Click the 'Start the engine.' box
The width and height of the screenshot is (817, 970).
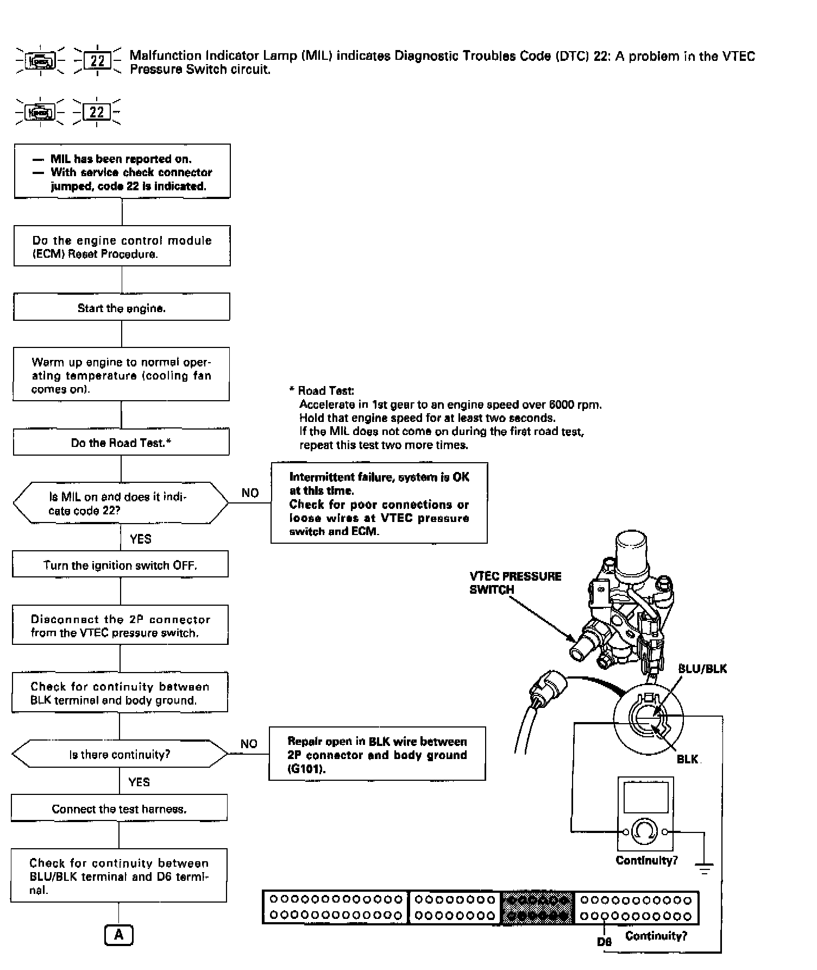[122, 308]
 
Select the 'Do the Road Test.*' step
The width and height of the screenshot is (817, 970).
[121, 443]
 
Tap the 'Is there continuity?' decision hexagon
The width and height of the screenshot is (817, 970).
[120, 755]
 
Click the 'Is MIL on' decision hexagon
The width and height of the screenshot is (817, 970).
[121, 503]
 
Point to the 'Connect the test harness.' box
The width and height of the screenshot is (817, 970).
[119, 809]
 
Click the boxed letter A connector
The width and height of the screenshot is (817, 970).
[118, 935]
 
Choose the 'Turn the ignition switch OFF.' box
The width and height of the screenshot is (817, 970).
[120, 565]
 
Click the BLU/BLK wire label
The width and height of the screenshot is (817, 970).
[702, 669]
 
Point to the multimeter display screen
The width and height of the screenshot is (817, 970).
[645, 798]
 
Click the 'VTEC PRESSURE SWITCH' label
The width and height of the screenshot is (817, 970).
[515, 583]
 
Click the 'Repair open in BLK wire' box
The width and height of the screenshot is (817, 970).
[377, 755]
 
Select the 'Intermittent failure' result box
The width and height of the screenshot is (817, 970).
[379, 503]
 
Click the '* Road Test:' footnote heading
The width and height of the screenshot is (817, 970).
[322, 390]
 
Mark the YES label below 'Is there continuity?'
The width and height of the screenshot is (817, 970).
[139, 782]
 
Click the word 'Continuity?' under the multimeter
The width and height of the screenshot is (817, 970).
[646, 861]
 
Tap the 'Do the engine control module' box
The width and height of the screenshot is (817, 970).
[122, 246]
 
